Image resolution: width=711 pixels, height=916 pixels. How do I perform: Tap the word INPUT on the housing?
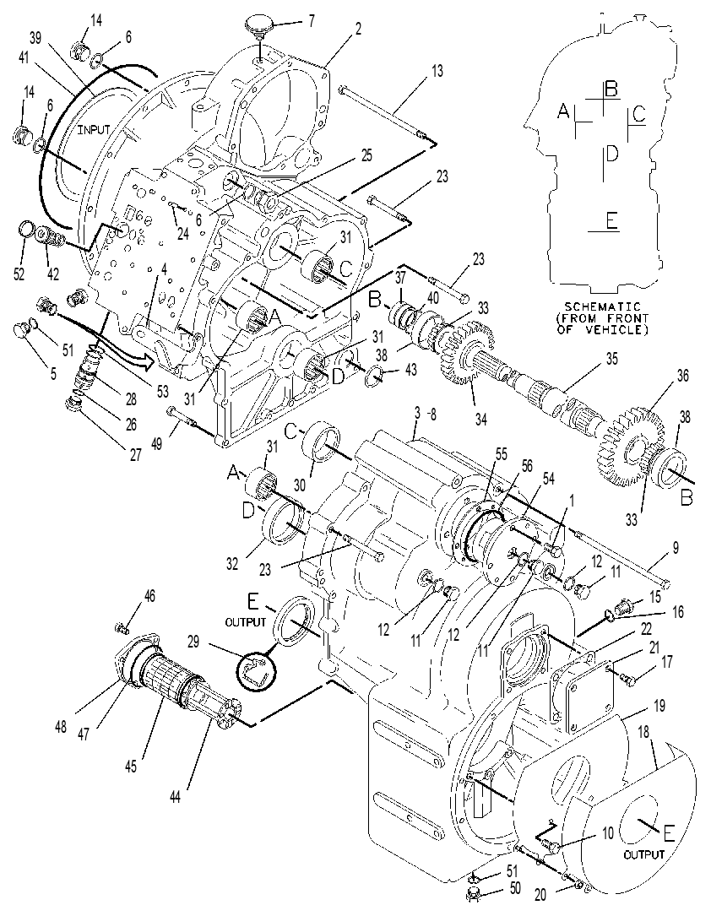click(x=94, y=129)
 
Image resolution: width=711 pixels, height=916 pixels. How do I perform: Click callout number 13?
click(x=437, y=71)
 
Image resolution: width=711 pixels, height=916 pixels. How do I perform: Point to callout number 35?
click(x=611, y=358)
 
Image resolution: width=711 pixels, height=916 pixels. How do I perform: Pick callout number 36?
click(x=681, y=376)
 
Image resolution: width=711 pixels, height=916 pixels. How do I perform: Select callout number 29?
click(x=193, y=642)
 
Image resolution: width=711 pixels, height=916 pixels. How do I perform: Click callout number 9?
click(x=676, y=548)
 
